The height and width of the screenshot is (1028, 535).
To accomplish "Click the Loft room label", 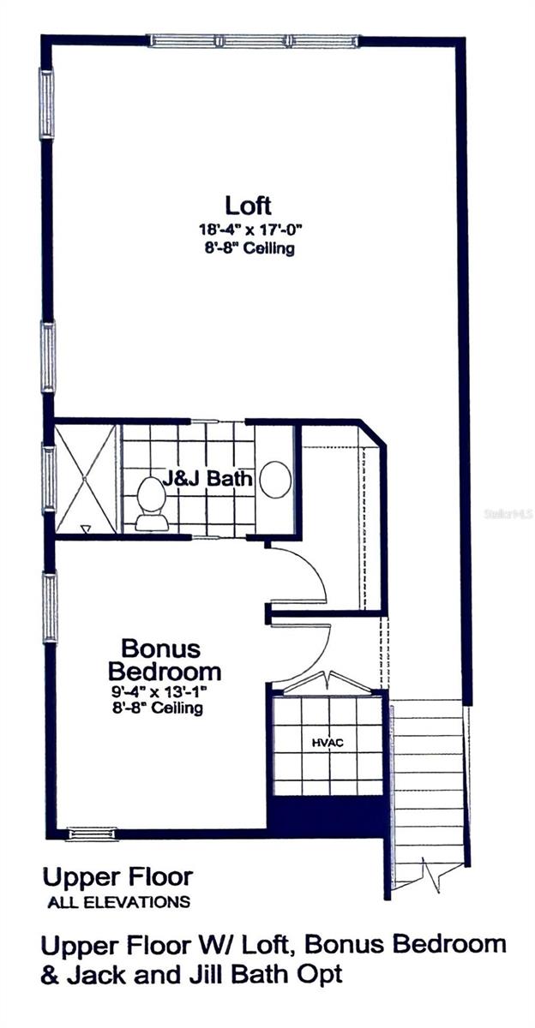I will [249, 206].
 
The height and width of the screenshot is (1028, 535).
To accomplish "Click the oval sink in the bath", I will [275, 480].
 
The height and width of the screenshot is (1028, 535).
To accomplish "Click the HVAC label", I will [327, 743].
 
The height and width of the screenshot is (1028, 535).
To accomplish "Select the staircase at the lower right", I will [427, 788].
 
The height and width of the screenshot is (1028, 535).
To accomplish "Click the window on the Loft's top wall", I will [254, 40].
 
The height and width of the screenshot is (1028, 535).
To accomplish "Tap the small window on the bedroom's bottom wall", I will [93, 834].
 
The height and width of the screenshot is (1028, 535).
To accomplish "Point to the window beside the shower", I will [49, 478].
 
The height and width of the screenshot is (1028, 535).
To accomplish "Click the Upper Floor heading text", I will [118, 877].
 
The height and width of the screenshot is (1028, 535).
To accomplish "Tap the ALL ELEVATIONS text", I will [118, 901].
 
